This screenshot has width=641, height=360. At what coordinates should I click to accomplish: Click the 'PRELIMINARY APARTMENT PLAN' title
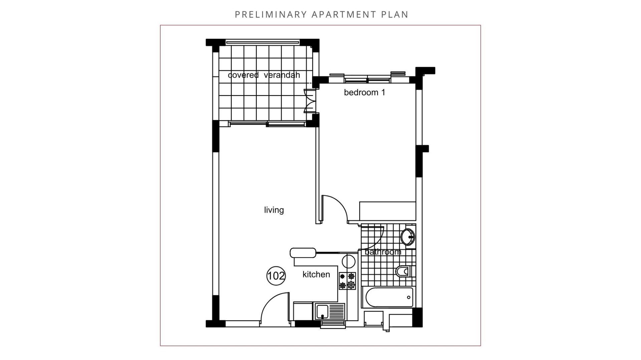click(322, 15)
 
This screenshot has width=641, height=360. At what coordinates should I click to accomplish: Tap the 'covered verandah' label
click(264, 75)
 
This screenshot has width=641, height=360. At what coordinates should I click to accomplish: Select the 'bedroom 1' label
click(365, 92)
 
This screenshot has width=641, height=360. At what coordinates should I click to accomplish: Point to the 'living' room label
click(274, 210)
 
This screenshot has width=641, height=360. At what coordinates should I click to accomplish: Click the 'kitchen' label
click(316, 274)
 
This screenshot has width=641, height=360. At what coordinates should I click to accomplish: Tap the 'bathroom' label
click(383, 252)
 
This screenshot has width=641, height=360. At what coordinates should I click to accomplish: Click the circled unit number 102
click(276, 276)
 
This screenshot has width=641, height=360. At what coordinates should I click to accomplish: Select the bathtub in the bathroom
click(389, 297)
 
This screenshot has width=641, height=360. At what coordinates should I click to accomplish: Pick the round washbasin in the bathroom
click(408, 237)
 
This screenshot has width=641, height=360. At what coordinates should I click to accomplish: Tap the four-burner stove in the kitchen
click(347, 281)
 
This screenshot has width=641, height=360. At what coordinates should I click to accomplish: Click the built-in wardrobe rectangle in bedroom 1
click(387, 211)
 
